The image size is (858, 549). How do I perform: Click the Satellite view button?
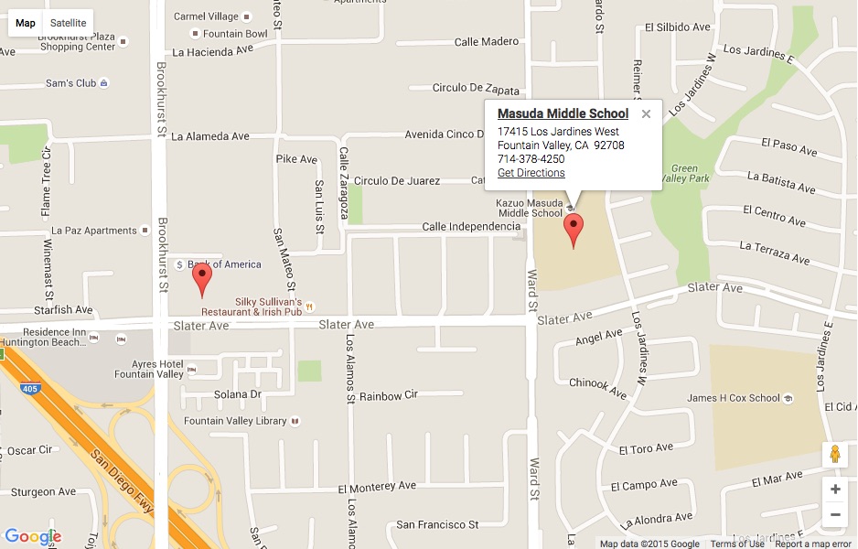click(x=69, y=23)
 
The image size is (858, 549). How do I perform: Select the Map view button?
click(x=26, y=23)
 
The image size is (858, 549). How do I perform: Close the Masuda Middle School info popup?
click(x=646, y=114)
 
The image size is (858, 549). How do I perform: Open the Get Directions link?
click(x=531, y=173)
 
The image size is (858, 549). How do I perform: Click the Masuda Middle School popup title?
click(x=563, y=113)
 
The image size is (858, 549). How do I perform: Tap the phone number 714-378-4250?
click(x=531, y=159)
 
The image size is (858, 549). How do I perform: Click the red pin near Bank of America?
click(x=202, y=278)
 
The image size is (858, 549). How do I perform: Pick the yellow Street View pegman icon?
click(x=834, y=454)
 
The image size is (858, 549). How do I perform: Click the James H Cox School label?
click(x=734, y=398)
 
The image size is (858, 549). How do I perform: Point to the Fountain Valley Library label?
click(x=235, y=421)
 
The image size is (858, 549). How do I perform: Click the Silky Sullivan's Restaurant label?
click(x=268, y=307)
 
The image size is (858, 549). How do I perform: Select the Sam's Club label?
click(x=71, y=83)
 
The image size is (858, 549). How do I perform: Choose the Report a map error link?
click(x=813, y=544)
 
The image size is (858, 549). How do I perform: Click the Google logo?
click(x=32, y=536)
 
